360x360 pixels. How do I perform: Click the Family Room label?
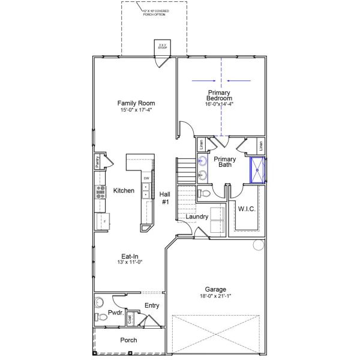coord(135,103)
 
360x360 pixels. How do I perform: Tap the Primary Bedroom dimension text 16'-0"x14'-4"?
coord(220,104)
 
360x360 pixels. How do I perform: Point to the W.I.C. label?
coord(247,209)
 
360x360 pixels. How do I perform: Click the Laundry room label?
coord(197,217)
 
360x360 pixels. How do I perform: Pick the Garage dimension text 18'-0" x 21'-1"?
coord(215,296)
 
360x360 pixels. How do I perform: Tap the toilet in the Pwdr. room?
coord(101,317)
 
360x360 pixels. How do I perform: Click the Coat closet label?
coord(130,319)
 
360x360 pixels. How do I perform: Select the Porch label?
coord(128,340)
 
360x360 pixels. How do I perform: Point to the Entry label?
coord(152,305)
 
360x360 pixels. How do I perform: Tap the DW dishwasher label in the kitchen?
coord(146,178)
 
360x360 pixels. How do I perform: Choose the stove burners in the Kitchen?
coord(100,191)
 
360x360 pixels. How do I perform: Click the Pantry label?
coord(97,162)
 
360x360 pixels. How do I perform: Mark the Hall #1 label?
coord(165,198)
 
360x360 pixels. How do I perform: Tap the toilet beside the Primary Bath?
coord(204,193)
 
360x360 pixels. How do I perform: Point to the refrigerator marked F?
coord(101,221)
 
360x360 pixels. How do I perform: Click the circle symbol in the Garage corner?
coord(259,245)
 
